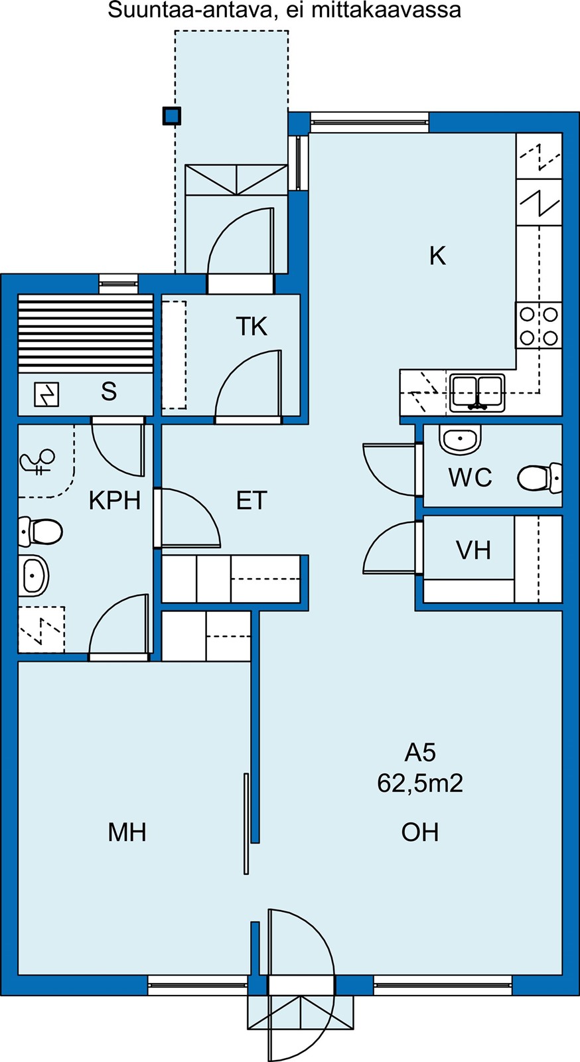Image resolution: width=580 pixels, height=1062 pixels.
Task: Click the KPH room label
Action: (115, 500)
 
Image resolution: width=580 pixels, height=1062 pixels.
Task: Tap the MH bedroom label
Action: (127, 832)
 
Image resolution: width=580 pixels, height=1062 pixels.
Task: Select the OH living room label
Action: (420, 832)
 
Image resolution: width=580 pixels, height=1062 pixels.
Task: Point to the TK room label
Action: (251, 326)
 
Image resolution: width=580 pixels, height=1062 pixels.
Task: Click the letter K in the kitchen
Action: (438, 256)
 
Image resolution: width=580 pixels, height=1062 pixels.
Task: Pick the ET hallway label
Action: (252, 500)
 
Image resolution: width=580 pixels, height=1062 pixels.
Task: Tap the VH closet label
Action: (473, 550)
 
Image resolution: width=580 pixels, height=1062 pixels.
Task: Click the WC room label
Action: (470, 477)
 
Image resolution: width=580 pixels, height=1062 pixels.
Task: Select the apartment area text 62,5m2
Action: (420, 783)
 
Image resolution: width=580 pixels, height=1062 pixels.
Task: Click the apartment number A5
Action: (420, 753)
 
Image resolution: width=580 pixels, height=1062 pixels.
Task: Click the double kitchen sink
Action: (477, 392)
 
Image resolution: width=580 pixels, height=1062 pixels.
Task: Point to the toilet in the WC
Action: (540, 477)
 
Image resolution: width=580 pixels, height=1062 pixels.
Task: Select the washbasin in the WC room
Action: (460, 439)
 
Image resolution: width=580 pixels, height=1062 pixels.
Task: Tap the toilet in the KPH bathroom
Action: (40, 532)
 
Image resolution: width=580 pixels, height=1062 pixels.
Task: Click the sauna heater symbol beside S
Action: (47, 394)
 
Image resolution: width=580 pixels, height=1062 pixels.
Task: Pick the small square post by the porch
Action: (171, 115)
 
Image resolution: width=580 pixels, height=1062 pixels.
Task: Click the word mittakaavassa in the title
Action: (386, 10)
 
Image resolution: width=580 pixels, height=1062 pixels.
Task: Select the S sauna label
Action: (109, 392)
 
